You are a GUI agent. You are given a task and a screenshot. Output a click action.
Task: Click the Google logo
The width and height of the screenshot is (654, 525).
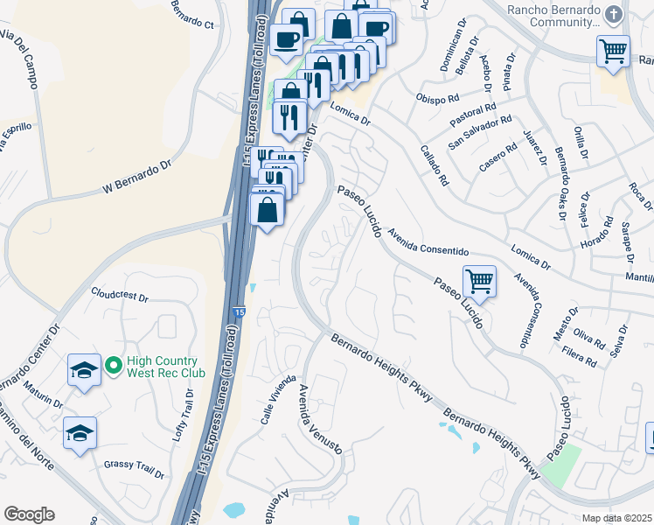coord(29,514)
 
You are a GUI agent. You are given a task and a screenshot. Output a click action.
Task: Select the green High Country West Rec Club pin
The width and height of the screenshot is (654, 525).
coord(112,365)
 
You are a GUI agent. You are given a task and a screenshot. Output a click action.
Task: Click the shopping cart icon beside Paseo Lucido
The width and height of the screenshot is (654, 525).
coord(479,281)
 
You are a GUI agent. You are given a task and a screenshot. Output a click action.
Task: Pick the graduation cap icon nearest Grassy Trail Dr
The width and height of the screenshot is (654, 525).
coord(80,432)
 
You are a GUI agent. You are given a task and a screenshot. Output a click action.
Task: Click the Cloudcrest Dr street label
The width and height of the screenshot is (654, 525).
coord(120,295)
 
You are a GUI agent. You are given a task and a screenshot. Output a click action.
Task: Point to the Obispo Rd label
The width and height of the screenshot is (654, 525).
coord(438,97)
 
